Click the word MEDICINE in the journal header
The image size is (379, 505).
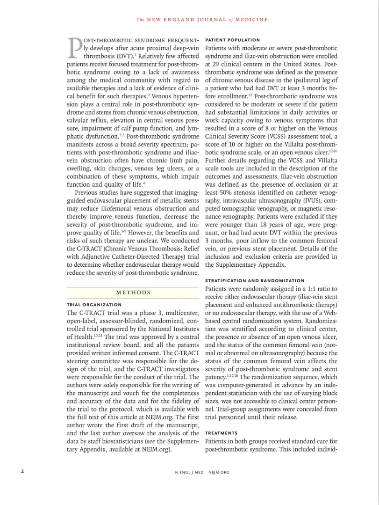[x=252, y=20]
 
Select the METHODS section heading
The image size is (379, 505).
[x=133, y=293]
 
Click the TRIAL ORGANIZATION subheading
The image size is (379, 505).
[x=94, y=304]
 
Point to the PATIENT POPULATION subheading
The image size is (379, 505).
[x=233, y=40]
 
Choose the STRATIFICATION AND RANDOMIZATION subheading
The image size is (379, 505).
[x=255, y=281]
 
